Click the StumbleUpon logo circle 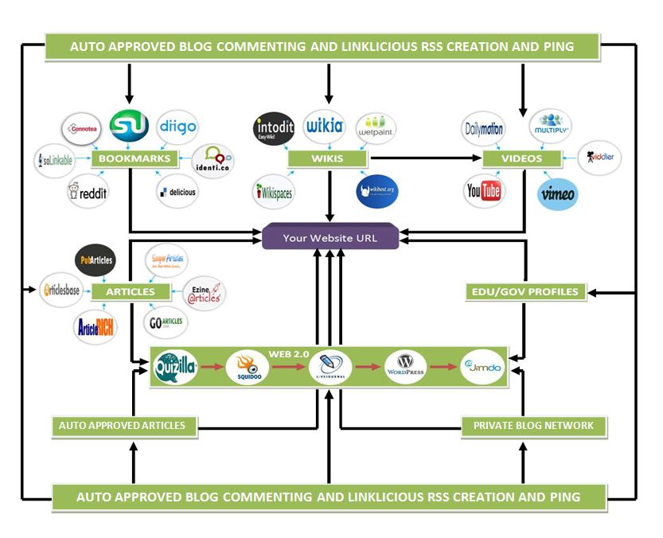coord(129,126)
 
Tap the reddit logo coord(88,192)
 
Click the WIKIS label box coord(327,158)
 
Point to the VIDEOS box coord(521,158)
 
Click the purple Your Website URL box coord(330,237)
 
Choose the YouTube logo coord(483,191)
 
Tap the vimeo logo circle coord(557,193)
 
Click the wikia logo coord(324,126)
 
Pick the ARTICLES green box coord(131,291)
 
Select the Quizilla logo coord(175,367)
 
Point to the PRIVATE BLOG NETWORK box coord(533,426)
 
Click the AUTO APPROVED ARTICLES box coord(122,426)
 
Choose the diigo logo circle coord(177,127)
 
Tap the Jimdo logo coord(482,367)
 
